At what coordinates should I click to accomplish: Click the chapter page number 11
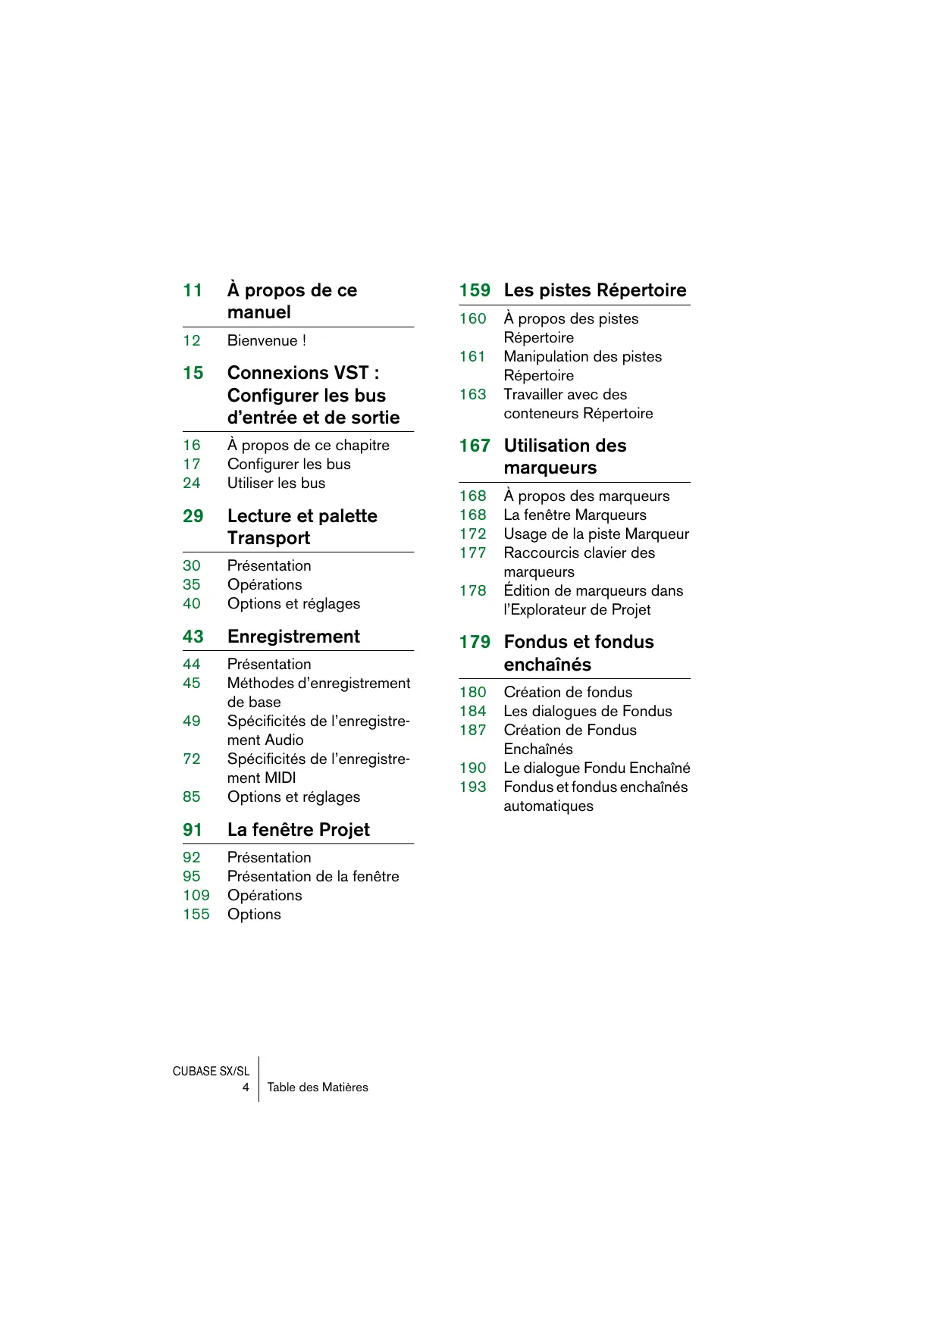[193, 290]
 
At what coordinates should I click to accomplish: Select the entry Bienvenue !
[266, 341]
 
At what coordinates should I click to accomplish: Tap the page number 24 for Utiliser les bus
[192, 483]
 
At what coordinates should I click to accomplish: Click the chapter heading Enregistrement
[293, 637]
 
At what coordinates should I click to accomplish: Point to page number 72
[192, 759]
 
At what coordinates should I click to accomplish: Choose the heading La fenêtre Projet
[298, 830]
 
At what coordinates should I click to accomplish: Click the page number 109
[196, 896]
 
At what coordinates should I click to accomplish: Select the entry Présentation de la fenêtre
[312, 877]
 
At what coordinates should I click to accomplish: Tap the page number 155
[196, 915]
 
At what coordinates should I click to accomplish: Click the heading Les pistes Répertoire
[594, 290]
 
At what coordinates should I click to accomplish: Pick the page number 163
[472, 395]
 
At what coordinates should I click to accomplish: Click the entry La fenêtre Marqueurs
[575, 515]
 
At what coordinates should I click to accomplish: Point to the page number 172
[472, 534]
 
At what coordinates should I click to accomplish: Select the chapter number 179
[475, 642]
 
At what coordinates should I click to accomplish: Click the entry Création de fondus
[568, 693]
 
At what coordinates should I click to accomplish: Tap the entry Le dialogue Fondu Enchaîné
[597, 768]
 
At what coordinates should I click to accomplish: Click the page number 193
[472, 787]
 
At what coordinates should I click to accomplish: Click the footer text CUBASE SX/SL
[211, 1072]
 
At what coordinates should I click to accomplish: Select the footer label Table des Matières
[318, 1087]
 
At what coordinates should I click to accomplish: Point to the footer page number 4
[246, 1087]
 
